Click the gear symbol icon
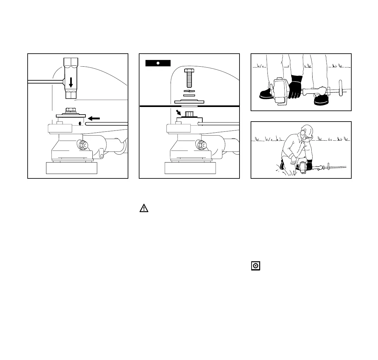pos(256,266)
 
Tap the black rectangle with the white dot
pos(158,63)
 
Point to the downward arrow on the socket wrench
pos(71,83)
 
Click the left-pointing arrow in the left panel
pos(94,118)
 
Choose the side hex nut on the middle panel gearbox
pos(201,145)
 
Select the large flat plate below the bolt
pos(190,102)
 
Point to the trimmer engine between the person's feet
pos(280,90)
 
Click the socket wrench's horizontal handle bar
pos(44,82)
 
